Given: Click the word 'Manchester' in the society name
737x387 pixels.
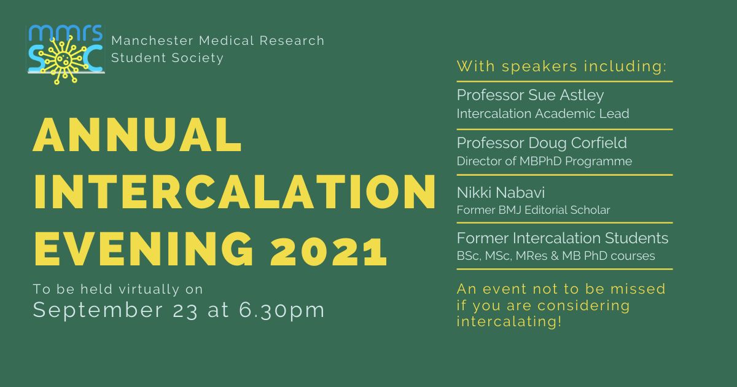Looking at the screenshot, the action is coord(152,41).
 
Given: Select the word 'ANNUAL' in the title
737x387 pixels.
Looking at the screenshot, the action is coord(138,135).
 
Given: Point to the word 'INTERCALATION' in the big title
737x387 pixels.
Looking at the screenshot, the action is coord(235,192).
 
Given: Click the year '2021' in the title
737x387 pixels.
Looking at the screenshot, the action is coord(329,249).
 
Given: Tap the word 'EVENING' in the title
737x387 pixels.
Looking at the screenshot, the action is coord(144,249).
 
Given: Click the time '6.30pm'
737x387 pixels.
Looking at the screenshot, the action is coord(282,311).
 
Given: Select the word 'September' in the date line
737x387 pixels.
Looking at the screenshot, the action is coord(98,311).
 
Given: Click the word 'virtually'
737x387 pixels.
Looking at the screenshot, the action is coord(149,289).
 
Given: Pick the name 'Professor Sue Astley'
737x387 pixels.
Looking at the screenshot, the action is coord(531,96).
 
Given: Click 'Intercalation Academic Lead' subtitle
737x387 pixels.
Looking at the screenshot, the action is coord(543,114).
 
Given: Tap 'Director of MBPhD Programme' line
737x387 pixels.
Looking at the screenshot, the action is coord(545,161).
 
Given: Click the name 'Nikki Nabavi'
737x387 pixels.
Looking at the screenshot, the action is coord(501,192).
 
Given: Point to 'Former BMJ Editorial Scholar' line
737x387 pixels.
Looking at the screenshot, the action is coord(533,210).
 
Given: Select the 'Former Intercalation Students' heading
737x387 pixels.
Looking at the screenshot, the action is coord(563,238).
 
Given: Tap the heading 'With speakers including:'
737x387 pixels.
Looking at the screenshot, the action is coord(561,67).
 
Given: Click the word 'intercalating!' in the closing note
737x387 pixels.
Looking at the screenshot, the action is coord(509,321).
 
